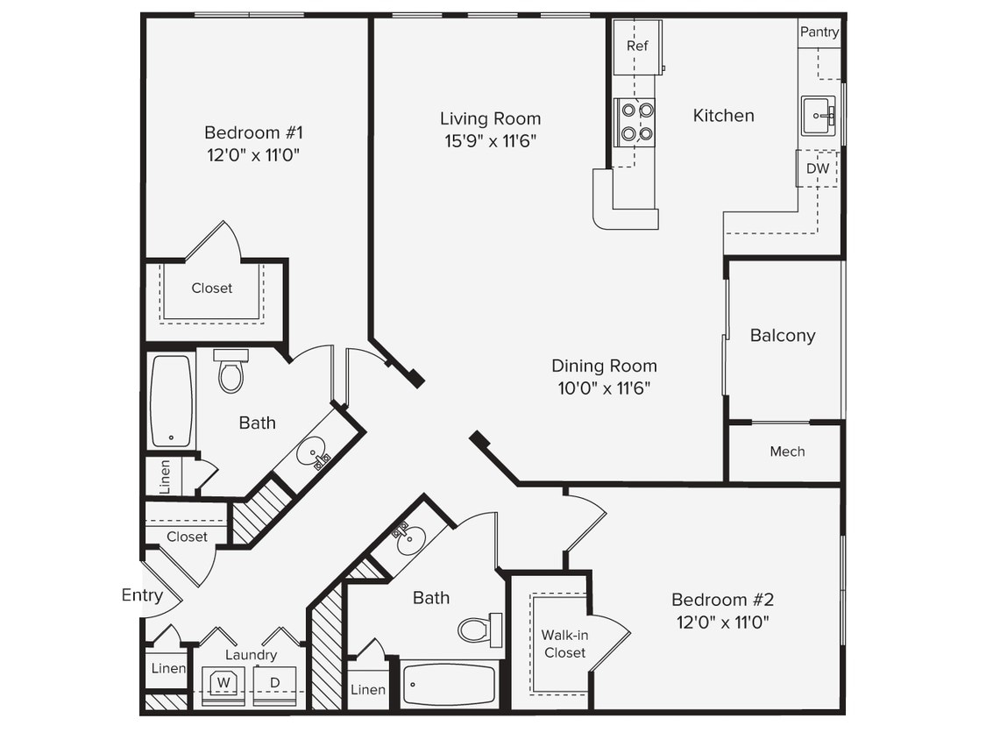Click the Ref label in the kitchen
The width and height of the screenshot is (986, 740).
point(637,46)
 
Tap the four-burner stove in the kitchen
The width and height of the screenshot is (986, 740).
point(636,122)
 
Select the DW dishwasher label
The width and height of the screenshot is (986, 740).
point(817,168)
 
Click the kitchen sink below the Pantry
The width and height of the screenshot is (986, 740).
point(818,115)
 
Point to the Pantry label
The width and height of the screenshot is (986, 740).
point(819,32)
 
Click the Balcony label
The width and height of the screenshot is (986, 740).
point(783,335)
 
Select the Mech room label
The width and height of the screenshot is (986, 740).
point(787,452)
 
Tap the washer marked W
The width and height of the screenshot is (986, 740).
point(223,682)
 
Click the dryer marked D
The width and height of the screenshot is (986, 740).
point(274,682)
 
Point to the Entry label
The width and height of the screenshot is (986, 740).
point(142,595)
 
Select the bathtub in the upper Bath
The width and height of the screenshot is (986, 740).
point(171,401)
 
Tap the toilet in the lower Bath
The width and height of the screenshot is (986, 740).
point(479,630)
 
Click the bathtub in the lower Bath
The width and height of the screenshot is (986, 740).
point(449,684)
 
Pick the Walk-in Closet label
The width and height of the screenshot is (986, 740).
point(564,644)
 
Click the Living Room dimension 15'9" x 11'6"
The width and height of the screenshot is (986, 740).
point(490,140)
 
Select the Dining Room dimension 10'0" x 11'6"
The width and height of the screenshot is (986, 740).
point(604,388)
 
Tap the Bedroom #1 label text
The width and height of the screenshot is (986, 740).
point(253,132)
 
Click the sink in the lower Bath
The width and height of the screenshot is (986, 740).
point(409,540)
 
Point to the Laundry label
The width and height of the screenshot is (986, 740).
point(251,654)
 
